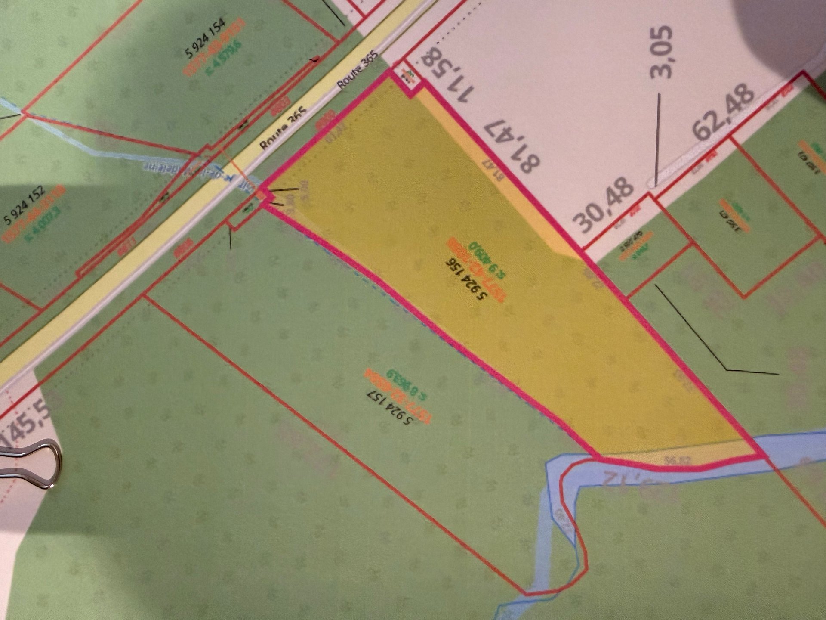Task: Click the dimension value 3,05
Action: (661, 52)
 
